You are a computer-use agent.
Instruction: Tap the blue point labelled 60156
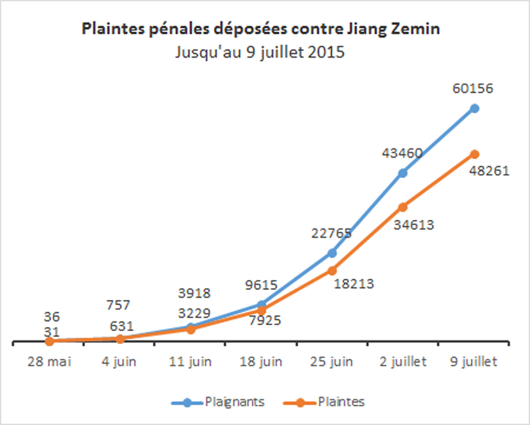pos(474,108)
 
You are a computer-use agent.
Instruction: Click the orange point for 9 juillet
pos(474,154)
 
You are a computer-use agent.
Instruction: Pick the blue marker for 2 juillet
pos(403,173)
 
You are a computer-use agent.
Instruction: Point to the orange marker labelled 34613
pos(403,207)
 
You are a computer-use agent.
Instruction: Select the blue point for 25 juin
pos(332,253)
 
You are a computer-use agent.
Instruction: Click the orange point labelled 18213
pos(332,270)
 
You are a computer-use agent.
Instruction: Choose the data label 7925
pos(262,320)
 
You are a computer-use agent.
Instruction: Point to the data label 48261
pos(490,171)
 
